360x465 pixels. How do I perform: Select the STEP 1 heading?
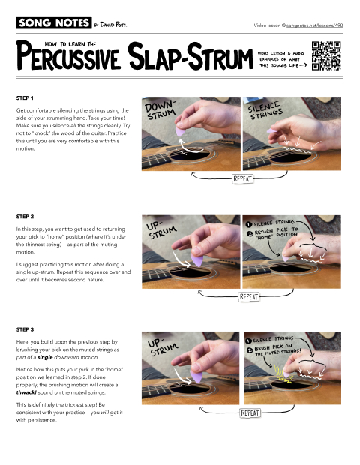click(26, 97)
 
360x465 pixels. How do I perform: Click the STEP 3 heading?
click(26, 328)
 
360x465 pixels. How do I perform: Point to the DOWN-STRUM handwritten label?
click(163, 112)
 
